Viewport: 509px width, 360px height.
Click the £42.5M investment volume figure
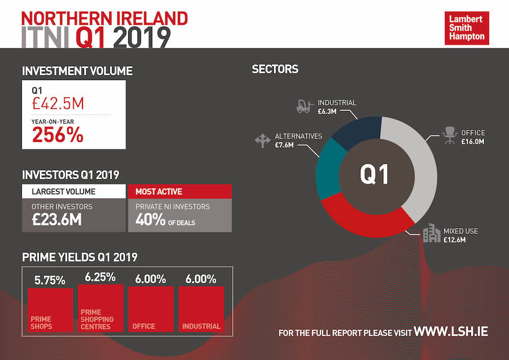pyautogui.click(x=58, y=104)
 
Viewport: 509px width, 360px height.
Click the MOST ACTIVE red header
pyautogui.click(x=180, y=192)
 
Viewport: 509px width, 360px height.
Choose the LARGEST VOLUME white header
pyautogui.click(x=73, y=192)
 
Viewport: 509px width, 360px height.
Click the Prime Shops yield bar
pyautogui.click(x=50, y=310)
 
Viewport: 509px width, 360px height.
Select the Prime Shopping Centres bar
pyautogui.click(x=100, y=308)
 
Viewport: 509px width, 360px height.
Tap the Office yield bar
pyautogui.click(x=151, y=309)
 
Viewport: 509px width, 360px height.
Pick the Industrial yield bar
pyautogui.click(x=201, y=309)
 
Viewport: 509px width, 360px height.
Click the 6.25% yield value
pyautogui.click(x=100, y=278)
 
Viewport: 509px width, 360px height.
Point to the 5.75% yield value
pyautogui.click(x=50, y=280)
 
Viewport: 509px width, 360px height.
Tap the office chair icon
pyautogui.click(x=449, y=135)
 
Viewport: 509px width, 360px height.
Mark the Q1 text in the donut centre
pyautogui.click(x=375, y=175)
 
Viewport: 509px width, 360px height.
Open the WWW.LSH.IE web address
pyautogui.click(x=451, y=331)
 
